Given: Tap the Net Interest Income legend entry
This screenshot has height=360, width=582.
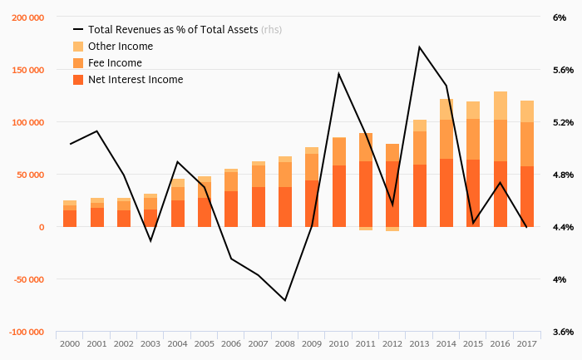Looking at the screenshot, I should (135, 80).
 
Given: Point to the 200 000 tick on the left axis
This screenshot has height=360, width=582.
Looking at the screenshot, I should (29, 17).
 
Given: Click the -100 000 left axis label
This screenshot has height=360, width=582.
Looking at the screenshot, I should (27, 332).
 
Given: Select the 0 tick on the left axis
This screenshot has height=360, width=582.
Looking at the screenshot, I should (42, 227).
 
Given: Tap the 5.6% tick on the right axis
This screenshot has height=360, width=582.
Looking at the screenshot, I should (563, 70).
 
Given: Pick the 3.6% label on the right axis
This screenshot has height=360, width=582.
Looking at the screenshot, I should (563, 332).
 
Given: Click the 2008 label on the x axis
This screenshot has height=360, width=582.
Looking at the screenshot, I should (285, 343).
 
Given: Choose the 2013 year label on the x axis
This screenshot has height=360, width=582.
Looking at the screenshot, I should (419, 343).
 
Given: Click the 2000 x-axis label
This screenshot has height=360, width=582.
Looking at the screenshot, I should (70, 343).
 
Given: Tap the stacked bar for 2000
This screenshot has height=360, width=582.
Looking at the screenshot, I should (70, 215).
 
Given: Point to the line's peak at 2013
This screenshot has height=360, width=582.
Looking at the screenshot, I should (419, 47).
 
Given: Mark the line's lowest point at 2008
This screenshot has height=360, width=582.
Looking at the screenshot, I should (285, 300).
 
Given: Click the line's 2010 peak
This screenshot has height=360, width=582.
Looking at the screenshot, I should (338, 74).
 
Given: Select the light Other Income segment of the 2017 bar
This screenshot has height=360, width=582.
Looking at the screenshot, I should (526, 111).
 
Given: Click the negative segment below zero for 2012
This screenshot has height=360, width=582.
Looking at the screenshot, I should (392, 229).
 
